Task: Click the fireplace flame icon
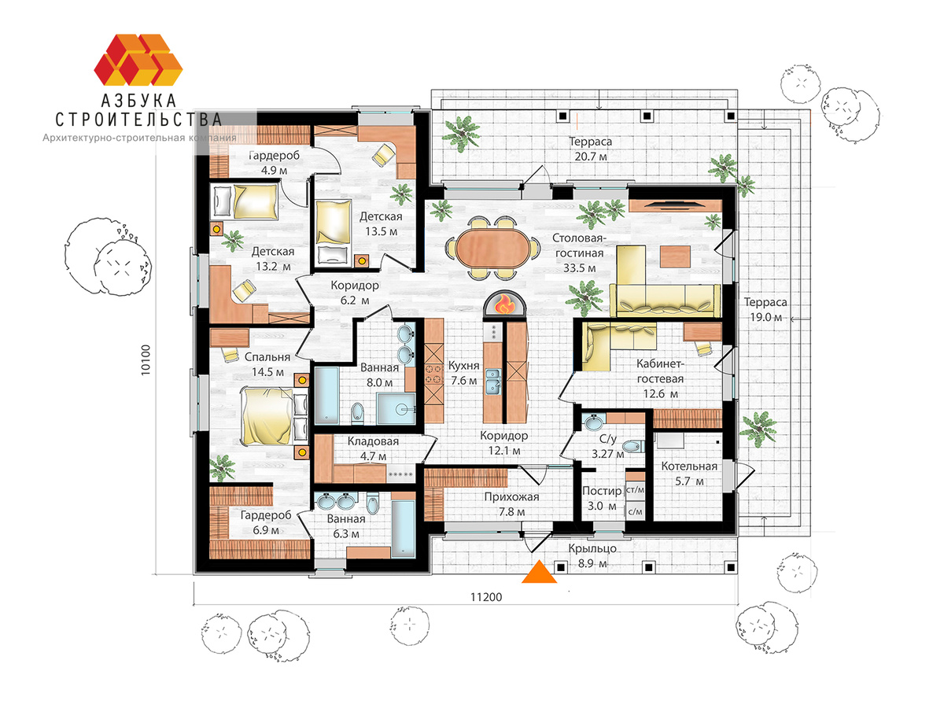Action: (505, 304)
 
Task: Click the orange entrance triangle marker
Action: (539, 572)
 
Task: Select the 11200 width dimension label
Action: (486, 598)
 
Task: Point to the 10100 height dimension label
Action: (146, 360)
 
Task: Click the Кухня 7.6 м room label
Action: (463, 373)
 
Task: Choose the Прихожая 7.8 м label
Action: (511, 504)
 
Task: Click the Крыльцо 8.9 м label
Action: (592, 556)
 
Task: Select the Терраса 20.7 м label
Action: (591, 149)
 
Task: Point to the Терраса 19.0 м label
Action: (765, 310)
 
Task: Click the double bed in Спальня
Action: (275, 415)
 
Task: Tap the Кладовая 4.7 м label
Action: (373, 448)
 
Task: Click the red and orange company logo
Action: (138, 59)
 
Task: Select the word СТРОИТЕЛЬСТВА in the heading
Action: (138, 120)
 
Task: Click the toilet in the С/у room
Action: (633, 447)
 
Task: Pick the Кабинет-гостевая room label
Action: (660, 378)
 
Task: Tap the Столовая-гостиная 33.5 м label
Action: (579, 253)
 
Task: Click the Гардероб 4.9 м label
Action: (274, 163)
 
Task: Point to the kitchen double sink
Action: (493, 382)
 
